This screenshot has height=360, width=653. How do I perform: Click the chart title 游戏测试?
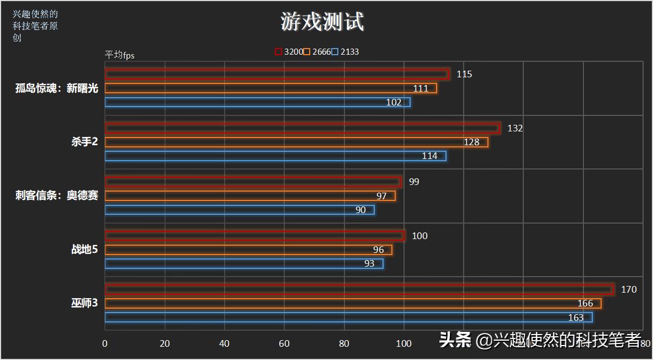(322, 22)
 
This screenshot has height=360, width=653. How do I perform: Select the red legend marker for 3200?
(278, 52)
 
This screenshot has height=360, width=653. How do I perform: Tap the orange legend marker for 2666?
(307, 52)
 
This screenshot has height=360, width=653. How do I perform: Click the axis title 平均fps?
(120, 55)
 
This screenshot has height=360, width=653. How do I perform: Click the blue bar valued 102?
(257, 102)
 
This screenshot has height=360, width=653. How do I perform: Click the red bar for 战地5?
(254, 236)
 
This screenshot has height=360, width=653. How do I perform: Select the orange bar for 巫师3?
(353, 303)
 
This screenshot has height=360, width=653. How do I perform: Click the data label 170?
(629, 289)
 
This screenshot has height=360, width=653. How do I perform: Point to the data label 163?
(576, 317)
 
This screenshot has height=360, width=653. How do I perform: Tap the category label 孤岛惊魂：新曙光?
(57, 88)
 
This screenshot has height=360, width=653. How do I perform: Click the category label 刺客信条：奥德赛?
(57, 195)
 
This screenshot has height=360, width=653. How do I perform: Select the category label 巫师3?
(84, 303)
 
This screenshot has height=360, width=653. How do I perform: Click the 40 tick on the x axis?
(224, 343)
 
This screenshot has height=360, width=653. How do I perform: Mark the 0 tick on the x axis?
(105, 343)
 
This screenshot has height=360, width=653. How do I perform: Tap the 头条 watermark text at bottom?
(454, 340)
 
